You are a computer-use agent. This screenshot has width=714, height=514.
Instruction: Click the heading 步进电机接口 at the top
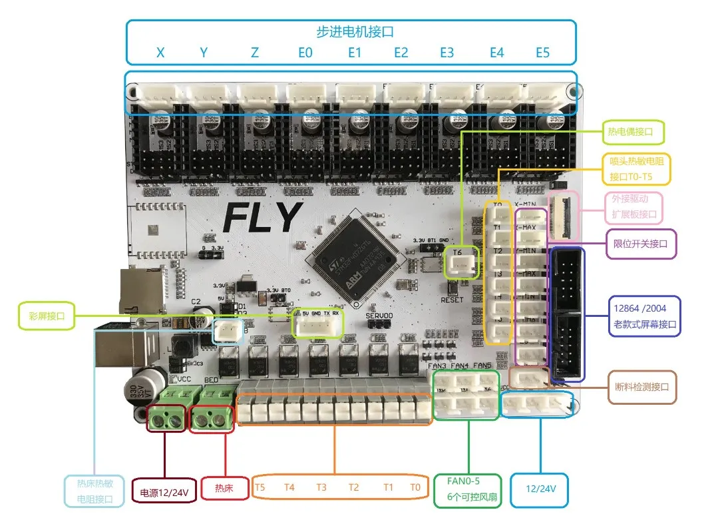[x=351, y=31]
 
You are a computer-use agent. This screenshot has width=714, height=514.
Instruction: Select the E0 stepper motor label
[x=305, y=53]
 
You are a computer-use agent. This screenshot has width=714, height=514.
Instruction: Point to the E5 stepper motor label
[x=542, y=53]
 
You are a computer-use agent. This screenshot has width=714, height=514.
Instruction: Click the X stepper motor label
[x=160, y=53]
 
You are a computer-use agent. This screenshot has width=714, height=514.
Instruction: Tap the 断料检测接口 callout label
[x=642, y=387]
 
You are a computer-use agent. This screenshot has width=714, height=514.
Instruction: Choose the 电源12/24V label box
[x=164, y=493]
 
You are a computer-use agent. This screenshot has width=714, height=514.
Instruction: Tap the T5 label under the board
[x=260, y=487]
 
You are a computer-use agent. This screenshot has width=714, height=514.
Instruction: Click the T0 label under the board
[x=416, y=487]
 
